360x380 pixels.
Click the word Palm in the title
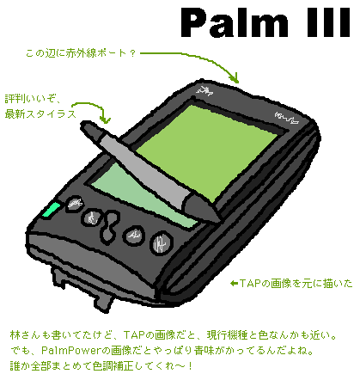click(x=235, y=23)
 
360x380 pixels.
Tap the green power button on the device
click(x=51, y=211)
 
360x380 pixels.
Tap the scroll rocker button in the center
click(x=110, y=225)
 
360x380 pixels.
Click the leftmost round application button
click(x=75, y=203)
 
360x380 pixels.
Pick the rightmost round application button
click(x=162, y=243)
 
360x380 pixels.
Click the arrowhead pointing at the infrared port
click(x=235, y=78)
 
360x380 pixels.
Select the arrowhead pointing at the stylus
click(x=105, y=119)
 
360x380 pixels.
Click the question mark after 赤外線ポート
click(x=132, y=53)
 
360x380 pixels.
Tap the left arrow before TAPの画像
click(x=235, y=284)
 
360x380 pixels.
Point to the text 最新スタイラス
click(x=40, y=114)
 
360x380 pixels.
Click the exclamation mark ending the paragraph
click(x=190, y=365)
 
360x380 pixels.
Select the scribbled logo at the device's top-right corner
click(x=287, y=118)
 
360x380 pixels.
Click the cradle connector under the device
click(x=83, y=290)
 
